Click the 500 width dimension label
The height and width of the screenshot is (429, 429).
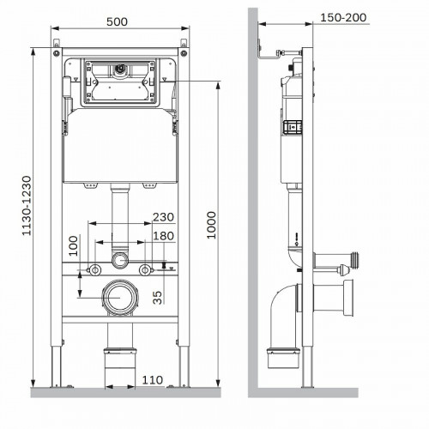coord(117,21)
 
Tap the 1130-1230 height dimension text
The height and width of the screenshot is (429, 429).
coord(27,206)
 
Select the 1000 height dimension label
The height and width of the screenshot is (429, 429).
coord(211,225)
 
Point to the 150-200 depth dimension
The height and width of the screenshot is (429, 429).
coord(343,18)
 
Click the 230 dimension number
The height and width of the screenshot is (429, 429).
coord(163,217)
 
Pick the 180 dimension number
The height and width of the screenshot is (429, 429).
coord(164,236)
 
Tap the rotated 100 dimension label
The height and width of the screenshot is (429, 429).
coord(74,245)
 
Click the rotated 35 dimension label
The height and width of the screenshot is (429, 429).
coord(158,298)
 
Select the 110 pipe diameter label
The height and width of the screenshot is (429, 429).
coord(153,380)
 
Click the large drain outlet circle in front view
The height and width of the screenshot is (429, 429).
coord(120,298)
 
